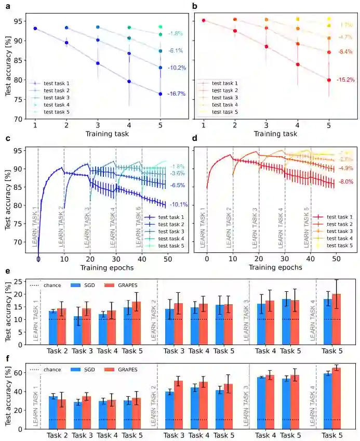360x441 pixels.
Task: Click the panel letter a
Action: coord(8,6)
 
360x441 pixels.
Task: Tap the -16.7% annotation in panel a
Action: coord(177,94)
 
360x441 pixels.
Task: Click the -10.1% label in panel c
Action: coord(178,204)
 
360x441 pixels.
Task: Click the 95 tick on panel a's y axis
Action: coord(20,21)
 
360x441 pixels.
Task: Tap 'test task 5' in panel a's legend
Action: coord(56,112)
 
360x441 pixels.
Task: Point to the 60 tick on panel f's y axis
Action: coord(20,373)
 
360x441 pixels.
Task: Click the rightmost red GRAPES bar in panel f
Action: coord(336,398)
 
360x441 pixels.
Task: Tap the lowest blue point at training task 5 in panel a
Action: coord(161,94)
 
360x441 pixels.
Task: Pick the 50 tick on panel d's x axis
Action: coord(336,258)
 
